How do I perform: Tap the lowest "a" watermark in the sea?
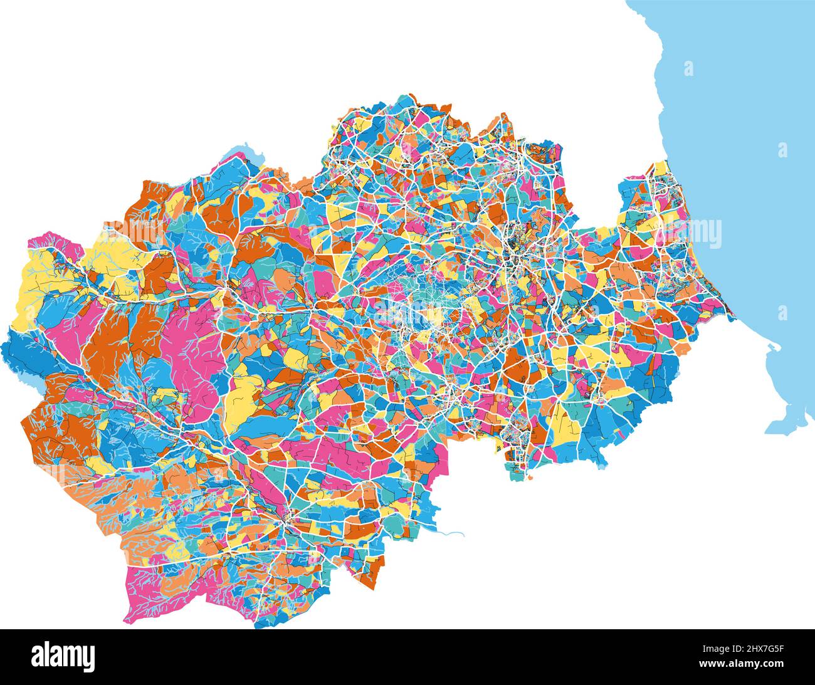tap(782, 312)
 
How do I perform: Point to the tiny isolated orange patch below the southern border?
tap(530, 477)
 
